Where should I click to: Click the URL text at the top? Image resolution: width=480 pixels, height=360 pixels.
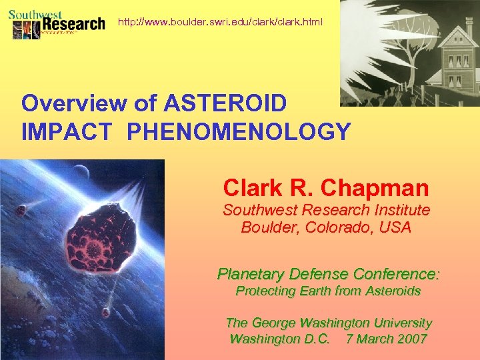point(220,22)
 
